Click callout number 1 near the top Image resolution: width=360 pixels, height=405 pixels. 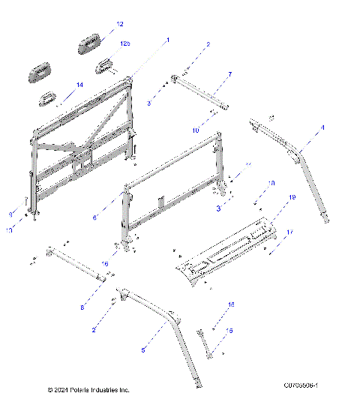pyautogui.click(x=168, y=39)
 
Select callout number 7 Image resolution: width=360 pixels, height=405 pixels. pyautogui.click(x=229, y=74)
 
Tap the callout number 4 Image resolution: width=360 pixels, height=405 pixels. pyautogui.click(x=323, y=128)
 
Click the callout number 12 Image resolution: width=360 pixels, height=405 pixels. pyautogui.click(x=120, y=25)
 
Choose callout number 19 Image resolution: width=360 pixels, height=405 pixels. pyautogui.click(x=292, y=196)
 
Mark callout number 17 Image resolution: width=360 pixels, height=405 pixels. pyautogui.click(x=289, y=233)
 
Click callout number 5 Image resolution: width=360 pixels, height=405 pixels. pyautogui.click(x=144, y=350)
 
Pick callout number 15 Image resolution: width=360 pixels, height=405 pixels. pyautogui.click(x=229, y=330)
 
